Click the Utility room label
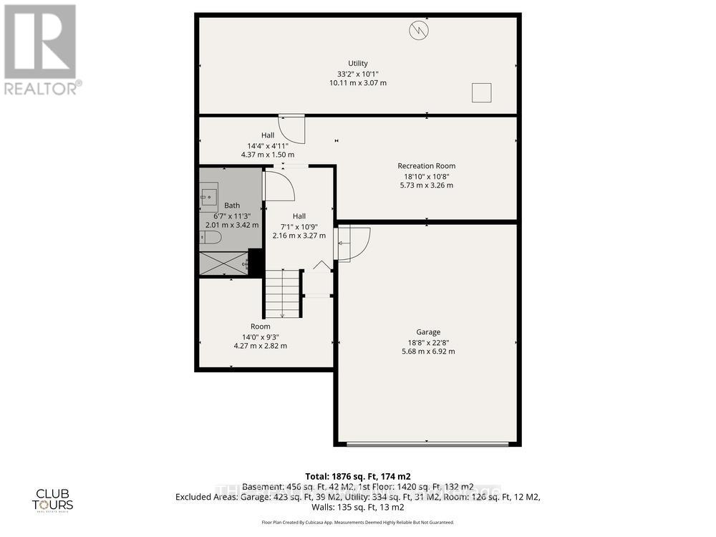tap(357, 64)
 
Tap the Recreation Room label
tap(426, 166)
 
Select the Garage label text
tap(428, 332)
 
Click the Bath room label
tap(231, 205)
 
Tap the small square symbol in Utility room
tap(481, 92)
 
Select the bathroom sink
tap(209, 193)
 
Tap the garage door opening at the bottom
tap(427, 445)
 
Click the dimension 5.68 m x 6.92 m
tap(428, 352)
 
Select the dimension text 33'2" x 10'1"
tap(357, 73)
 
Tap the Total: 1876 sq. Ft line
tap(357, 476)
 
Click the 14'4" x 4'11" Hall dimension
tap(266, 145)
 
